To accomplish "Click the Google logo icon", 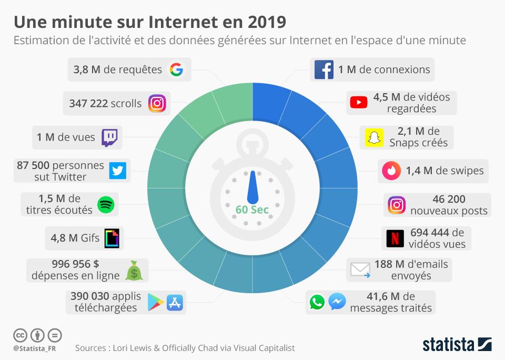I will click(x=176, y=69).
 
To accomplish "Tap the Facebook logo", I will click(x=324, y=69).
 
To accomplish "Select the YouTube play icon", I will click(x=359, y=103).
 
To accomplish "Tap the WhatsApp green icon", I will click(x=317, y=302).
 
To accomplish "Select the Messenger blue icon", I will click(x=337, y=302).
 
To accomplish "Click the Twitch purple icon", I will click(x=109, y=137).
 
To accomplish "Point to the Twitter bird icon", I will click(x=118, y=171).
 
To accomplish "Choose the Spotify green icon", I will click(x=107, y=204).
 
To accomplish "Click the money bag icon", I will click(x=134, y=271).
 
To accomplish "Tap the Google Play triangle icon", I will click(x=155, y=302).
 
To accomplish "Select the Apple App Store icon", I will click(x=175, y=302).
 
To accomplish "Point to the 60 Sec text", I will click(x=252, y=209).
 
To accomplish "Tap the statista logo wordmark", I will click(x=448, y=345).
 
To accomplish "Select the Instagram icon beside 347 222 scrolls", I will click(x=157, y=103).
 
